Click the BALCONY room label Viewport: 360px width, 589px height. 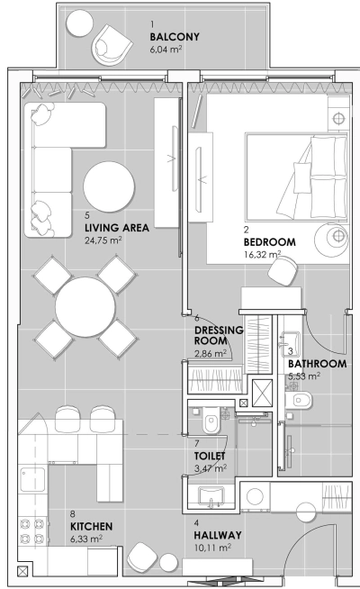[x=174, y=37]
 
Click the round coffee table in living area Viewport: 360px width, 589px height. [x=111, y=185]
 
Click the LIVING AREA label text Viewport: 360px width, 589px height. [x=116, y=228]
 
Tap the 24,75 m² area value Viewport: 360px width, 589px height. [x=103, y=240]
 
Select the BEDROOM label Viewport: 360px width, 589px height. [x=270, y=242]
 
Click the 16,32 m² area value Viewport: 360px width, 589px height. [x=262, y=255]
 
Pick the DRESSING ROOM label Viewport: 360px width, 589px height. [x=219, y=336]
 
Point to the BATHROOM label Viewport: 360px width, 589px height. [x=317, y=363]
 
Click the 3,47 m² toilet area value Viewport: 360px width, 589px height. [x=211, y=468]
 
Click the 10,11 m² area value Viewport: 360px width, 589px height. [x=212, y=547]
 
